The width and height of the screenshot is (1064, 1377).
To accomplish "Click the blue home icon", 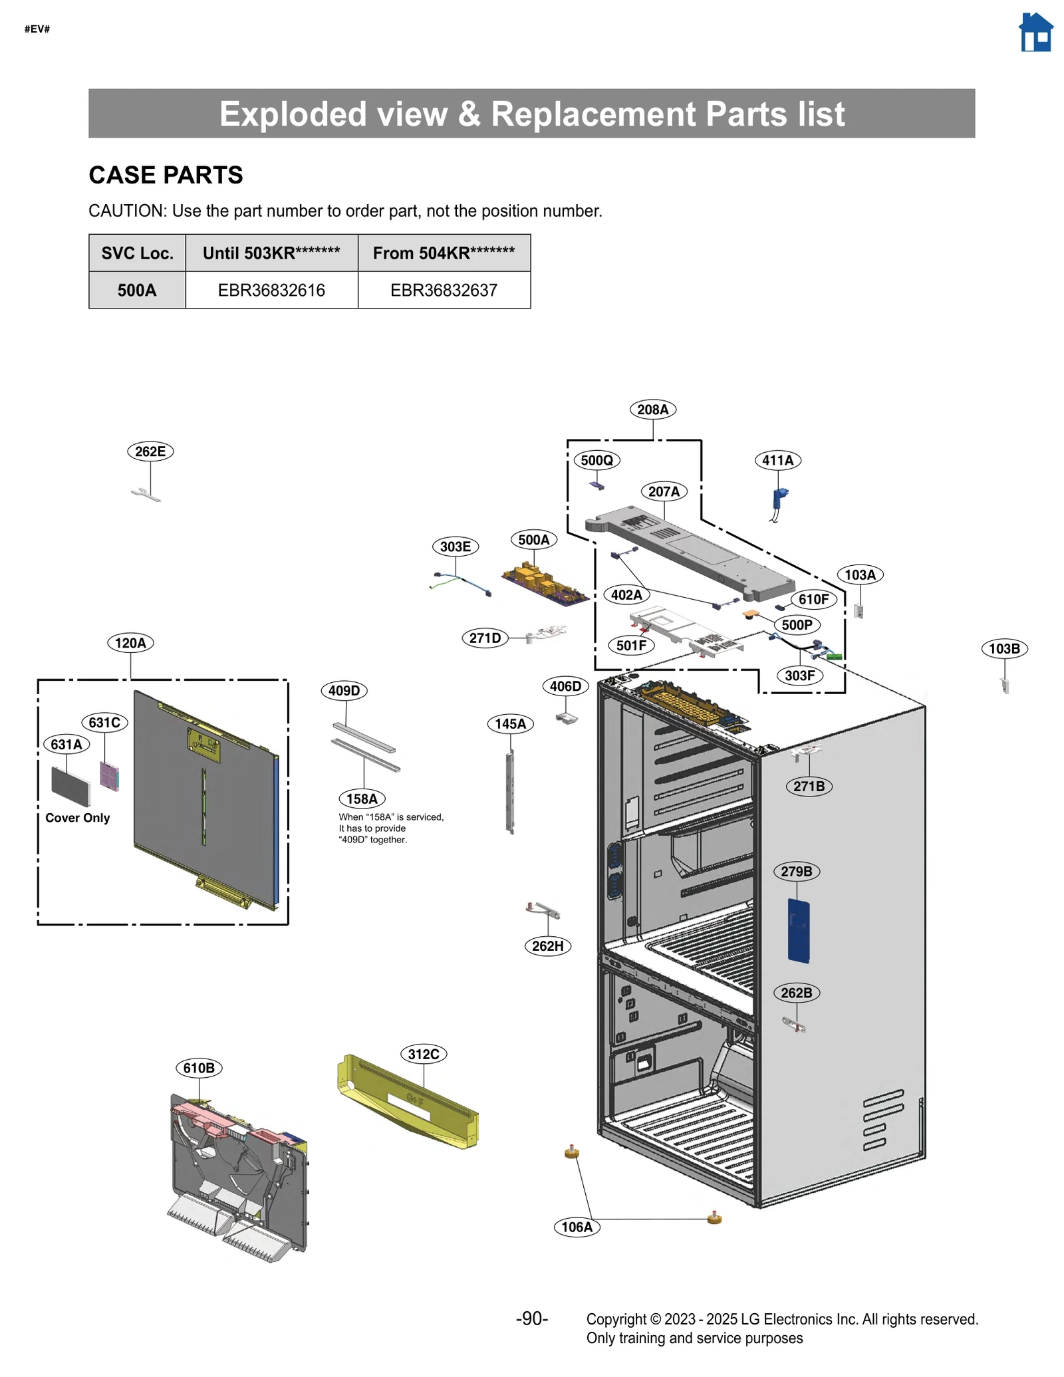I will point(1035,33).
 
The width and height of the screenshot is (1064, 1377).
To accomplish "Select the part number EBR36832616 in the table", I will point(271,291).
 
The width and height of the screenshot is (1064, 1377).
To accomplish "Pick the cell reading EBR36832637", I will point(444,291).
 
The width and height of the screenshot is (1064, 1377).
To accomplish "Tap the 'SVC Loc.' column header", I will point(137,253).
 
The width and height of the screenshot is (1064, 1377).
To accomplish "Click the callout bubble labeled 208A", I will point(652,410).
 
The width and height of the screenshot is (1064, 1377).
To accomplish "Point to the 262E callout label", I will point(150,451).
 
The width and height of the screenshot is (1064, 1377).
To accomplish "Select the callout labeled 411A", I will point(777,460).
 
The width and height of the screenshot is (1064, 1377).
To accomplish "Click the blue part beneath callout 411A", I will point(779,499).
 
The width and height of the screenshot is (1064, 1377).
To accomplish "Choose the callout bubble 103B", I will point(1003,649).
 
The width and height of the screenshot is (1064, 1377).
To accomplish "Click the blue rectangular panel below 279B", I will point(798,930).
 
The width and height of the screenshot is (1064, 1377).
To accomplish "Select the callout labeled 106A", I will point(577,1227).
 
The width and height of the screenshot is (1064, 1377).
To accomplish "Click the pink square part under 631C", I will point(109,775).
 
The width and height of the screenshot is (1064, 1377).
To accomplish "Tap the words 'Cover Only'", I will point(77,818).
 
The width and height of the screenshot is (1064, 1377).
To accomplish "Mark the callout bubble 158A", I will point(362,799).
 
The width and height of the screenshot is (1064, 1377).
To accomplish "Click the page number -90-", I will point(531,1318).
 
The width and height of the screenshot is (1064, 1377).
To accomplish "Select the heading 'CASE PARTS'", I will point(166,176).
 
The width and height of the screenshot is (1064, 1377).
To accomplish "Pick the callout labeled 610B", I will point(199,1068).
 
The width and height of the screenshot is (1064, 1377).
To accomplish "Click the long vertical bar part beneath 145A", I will point(510,791).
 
